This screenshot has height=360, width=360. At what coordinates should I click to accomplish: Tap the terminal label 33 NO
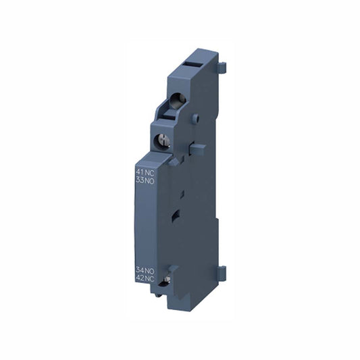(145, 180)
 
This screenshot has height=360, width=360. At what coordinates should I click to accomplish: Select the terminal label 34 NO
(145, 271)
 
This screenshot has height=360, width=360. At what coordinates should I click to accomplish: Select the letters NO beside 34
(150, 271)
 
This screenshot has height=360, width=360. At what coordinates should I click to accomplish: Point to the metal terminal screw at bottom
(162, 288)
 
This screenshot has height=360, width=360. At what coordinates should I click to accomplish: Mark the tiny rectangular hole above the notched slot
(173, 197)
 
